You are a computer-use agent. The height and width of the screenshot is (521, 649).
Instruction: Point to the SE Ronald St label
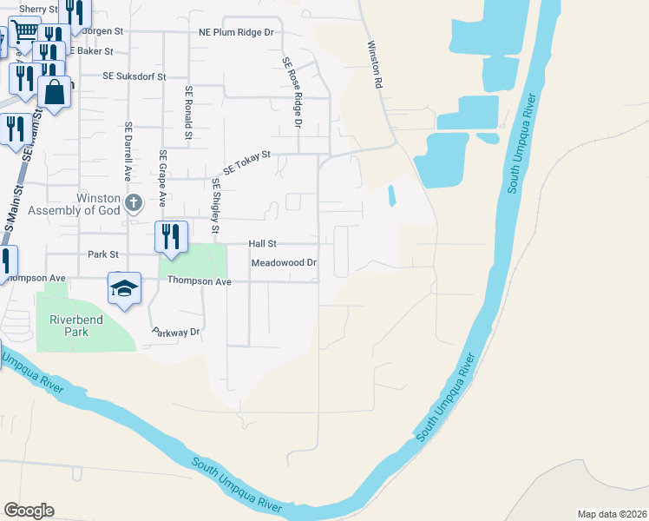(187, 113)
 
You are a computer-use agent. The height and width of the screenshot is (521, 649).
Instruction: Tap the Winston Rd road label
(375, 66)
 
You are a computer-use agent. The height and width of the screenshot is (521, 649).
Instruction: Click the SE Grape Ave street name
(162, 177)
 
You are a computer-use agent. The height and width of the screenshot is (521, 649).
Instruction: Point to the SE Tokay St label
(247, 162)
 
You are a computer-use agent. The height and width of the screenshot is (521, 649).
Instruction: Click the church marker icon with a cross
(133, 203)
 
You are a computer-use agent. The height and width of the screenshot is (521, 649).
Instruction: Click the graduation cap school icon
(124, 287)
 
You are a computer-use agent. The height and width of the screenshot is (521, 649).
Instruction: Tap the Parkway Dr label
(176, 332)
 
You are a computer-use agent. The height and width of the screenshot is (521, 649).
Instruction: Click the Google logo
(29, 511)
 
